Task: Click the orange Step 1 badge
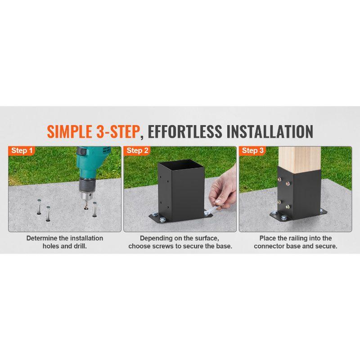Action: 22,151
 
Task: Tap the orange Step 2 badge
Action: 137,151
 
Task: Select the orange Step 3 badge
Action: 252,151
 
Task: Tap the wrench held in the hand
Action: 214,207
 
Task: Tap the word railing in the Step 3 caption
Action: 306,238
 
